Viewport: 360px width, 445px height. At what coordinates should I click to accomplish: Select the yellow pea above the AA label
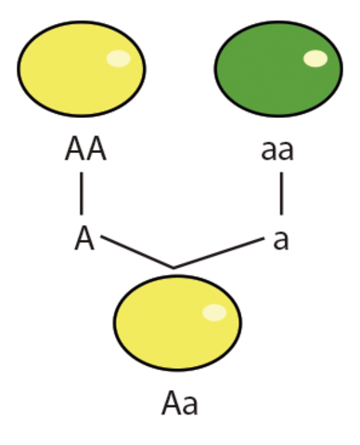point(81,67)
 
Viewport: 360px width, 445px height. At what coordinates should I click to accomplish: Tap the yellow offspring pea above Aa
point(177,320)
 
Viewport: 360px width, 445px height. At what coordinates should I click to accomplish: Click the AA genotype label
point(85,150)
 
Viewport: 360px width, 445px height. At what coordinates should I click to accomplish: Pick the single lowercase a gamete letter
point(280,239)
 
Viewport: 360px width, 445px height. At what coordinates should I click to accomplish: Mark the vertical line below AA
point(82,195)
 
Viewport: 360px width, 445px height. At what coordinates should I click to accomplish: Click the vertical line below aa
point(280,195)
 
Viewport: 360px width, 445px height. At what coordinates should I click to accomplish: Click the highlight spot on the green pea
point(315,58)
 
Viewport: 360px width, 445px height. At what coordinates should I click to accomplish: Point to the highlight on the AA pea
point(118,58)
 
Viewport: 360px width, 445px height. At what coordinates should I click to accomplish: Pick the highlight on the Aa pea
point(214,312)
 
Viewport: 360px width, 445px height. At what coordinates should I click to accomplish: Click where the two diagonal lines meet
point(174,268)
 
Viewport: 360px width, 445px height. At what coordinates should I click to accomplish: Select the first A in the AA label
point(75,150)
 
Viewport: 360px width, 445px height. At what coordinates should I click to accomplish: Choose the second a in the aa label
point(287,151)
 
